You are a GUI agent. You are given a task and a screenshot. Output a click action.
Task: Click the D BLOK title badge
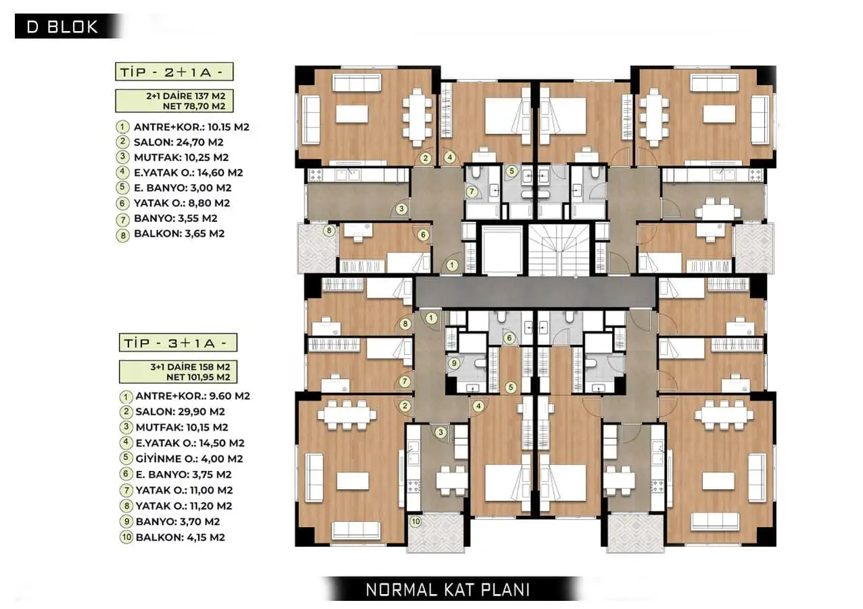coord(68,26)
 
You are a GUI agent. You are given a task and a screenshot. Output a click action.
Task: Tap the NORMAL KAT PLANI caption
coord(448,589)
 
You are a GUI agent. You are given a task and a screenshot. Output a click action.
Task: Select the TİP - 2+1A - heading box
coord(174,72)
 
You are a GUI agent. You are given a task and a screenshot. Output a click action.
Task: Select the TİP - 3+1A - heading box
coord(178,342)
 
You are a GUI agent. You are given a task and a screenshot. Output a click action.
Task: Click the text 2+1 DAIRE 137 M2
coord(186,95)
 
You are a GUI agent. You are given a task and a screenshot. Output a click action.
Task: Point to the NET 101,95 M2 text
coord(198,377)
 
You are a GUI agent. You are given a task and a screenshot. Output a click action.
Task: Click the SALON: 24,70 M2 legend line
coord(179,142)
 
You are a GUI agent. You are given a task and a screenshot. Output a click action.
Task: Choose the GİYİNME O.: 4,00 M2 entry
coord(189,459)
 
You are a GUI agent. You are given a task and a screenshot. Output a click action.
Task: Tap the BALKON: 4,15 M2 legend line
coord(181,537)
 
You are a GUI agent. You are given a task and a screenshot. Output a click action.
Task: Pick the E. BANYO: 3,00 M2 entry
coord(183,187)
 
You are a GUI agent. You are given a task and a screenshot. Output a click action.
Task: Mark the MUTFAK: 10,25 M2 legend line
coord(181,157)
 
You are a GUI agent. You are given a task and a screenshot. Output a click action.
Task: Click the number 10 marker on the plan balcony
coord(415,522)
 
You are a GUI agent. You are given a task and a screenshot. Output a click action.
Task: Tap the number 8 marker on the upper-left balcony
coord(329,231)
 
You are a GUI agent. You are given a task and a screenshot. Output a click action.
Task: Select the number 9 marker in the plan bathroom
coord(454,363)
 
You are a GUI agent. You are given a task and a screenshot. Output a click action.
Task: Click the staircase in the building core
coord(559,250)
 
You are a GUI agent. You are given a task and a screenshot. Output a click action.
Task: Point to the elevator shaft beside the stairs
coord(502,250)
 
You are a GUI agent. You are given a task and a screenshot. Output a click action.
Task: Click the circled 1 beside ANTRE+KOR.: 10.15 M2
coord(122,127)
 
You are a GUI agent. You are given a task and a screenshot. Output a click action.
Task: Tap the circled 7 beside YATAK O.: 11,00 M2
coord(126,491)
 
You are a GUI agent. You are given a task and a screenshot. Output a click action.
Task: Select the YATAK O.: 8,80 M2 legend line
coord(182,203)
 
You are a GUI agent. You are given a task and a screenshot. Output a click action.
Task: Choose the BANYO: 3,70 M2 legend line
coord(178,522)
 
